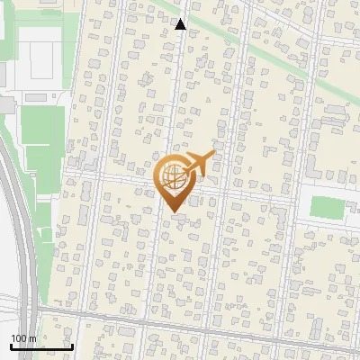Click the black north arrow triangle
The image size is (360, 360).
180,24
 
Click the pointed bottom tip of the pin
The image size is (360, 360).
172,212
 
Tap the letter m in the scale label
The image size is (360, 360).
32,338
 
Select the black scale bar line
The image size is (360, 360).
41,347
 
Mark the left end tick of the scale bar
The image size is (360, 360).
11,346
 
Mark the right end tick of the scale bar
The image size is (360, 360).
72,346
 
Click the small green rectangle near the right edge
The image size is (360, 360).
328,207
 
